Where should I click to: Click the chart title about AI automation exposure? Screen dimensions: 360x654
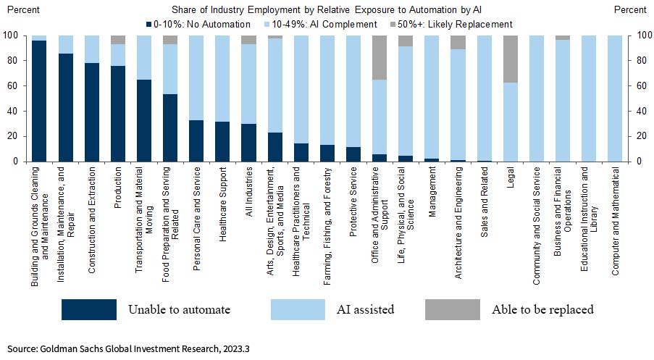tap(327, 10)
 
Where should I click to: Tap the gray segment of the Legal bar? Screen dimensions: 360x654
tap(511, 59)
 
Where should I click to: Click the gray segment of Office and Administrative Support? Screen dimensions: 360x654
tap(379, 57)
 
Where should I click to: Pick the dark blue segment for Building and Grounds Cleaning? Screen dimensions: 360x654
tap(39, 101)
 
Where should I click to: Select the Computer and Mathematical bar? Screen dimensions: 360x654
tap(616, 98)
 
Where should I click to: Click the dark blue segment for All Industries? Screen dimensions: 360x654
tap(248, 143)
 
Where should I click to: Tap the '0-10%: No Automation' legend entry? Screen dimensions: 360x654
tap(191, 24)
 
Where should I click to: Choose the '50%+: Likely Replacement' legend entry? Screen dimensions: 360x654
tap(452, 24)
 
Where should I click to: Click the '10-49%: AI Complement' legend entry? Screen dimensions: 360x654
tap(327, 24)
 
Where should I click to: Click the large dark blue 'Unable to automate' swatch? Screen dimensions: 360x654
tap(88, 309)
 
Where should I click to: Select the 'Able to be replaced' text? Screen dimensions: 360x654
tap(542, 309)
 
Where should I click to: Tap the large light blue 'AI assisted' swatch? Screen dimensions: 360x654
tap(299, 309)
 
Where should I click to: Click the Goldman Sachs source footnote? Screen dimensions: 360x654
tap(129, 348)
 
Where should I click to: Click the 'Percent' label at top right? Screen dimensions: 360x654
tap(629, 10)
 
